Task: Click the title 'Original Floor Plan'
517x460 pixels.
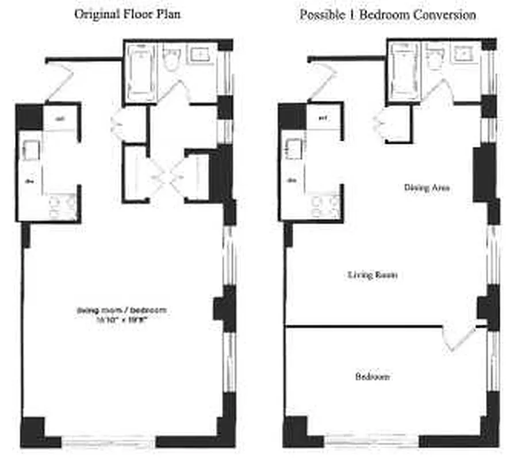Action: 127,14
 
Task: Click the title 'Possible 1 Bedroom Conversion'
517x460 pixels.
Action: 387,14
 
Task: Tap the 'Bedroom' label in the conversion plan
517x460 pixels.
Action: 372,377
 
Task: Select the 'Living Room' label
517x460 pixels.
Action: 373,275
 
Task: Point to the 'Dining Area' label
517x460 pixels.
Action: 427,187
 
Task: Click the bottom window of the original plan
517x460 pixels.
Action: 109,442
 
